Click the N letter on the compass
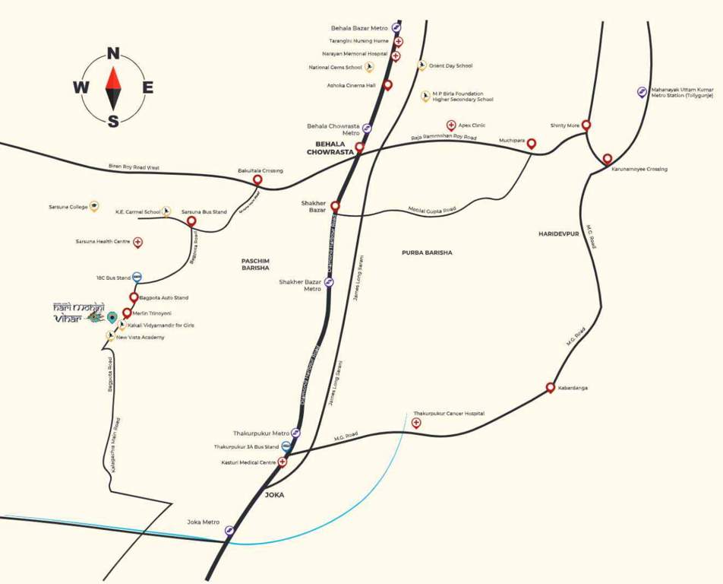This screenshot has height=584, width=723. click(113, 53)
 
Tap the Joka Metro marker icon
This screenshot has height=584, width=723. click(229, 530)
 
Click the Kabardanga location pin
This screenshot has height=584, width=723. click(551, 388)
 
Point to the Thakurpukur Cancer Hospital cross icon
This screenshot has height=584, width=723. click(415, 423)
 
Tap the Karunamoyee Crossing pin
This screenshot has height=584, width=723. click(608, 159)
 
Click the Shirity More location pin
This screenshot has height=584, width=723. click(586, 125)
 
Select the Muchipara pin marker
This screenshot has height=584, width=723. click(532, 143)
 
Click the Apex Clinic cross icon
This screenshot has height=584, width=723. click(451, 125)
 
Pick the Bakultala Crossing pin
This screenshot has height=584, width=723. click(257, 180)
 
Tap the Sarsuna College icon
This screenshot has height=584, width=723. click(94, 206)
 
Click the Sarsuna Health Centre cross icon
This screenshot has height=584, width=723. click(137, 242)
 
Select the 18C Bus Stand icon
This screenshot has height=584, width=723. click(137, 278)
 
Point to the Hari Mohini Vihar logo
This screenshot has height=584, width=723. click(78, 313)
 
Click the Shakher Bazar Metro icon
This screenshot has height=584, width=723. click(329, 282)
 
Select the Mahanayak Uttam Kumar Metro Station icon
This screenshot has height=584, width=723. click(642, 92)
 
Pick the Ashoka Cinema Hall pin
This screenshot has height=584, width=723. click(387, 85)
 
